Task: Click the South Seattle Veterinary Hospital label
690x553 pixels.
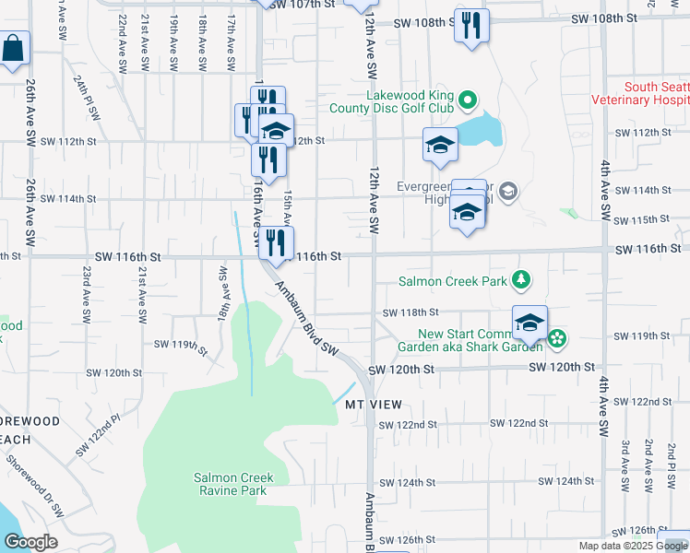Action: [655, 93]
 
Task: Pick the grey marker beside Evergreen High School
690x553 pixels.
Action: [509, 192]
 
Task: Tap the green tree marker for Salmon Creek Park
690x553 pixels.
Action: [522, 278]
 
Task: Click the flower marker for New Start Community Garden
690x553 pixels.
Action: [557, 339]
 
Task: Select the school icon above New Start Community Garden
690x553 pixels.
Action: [529, 323]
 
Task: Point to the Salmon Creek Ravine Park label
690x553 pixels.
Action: [231, 484]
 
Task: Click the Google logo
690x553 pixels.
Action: [30, 541]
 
